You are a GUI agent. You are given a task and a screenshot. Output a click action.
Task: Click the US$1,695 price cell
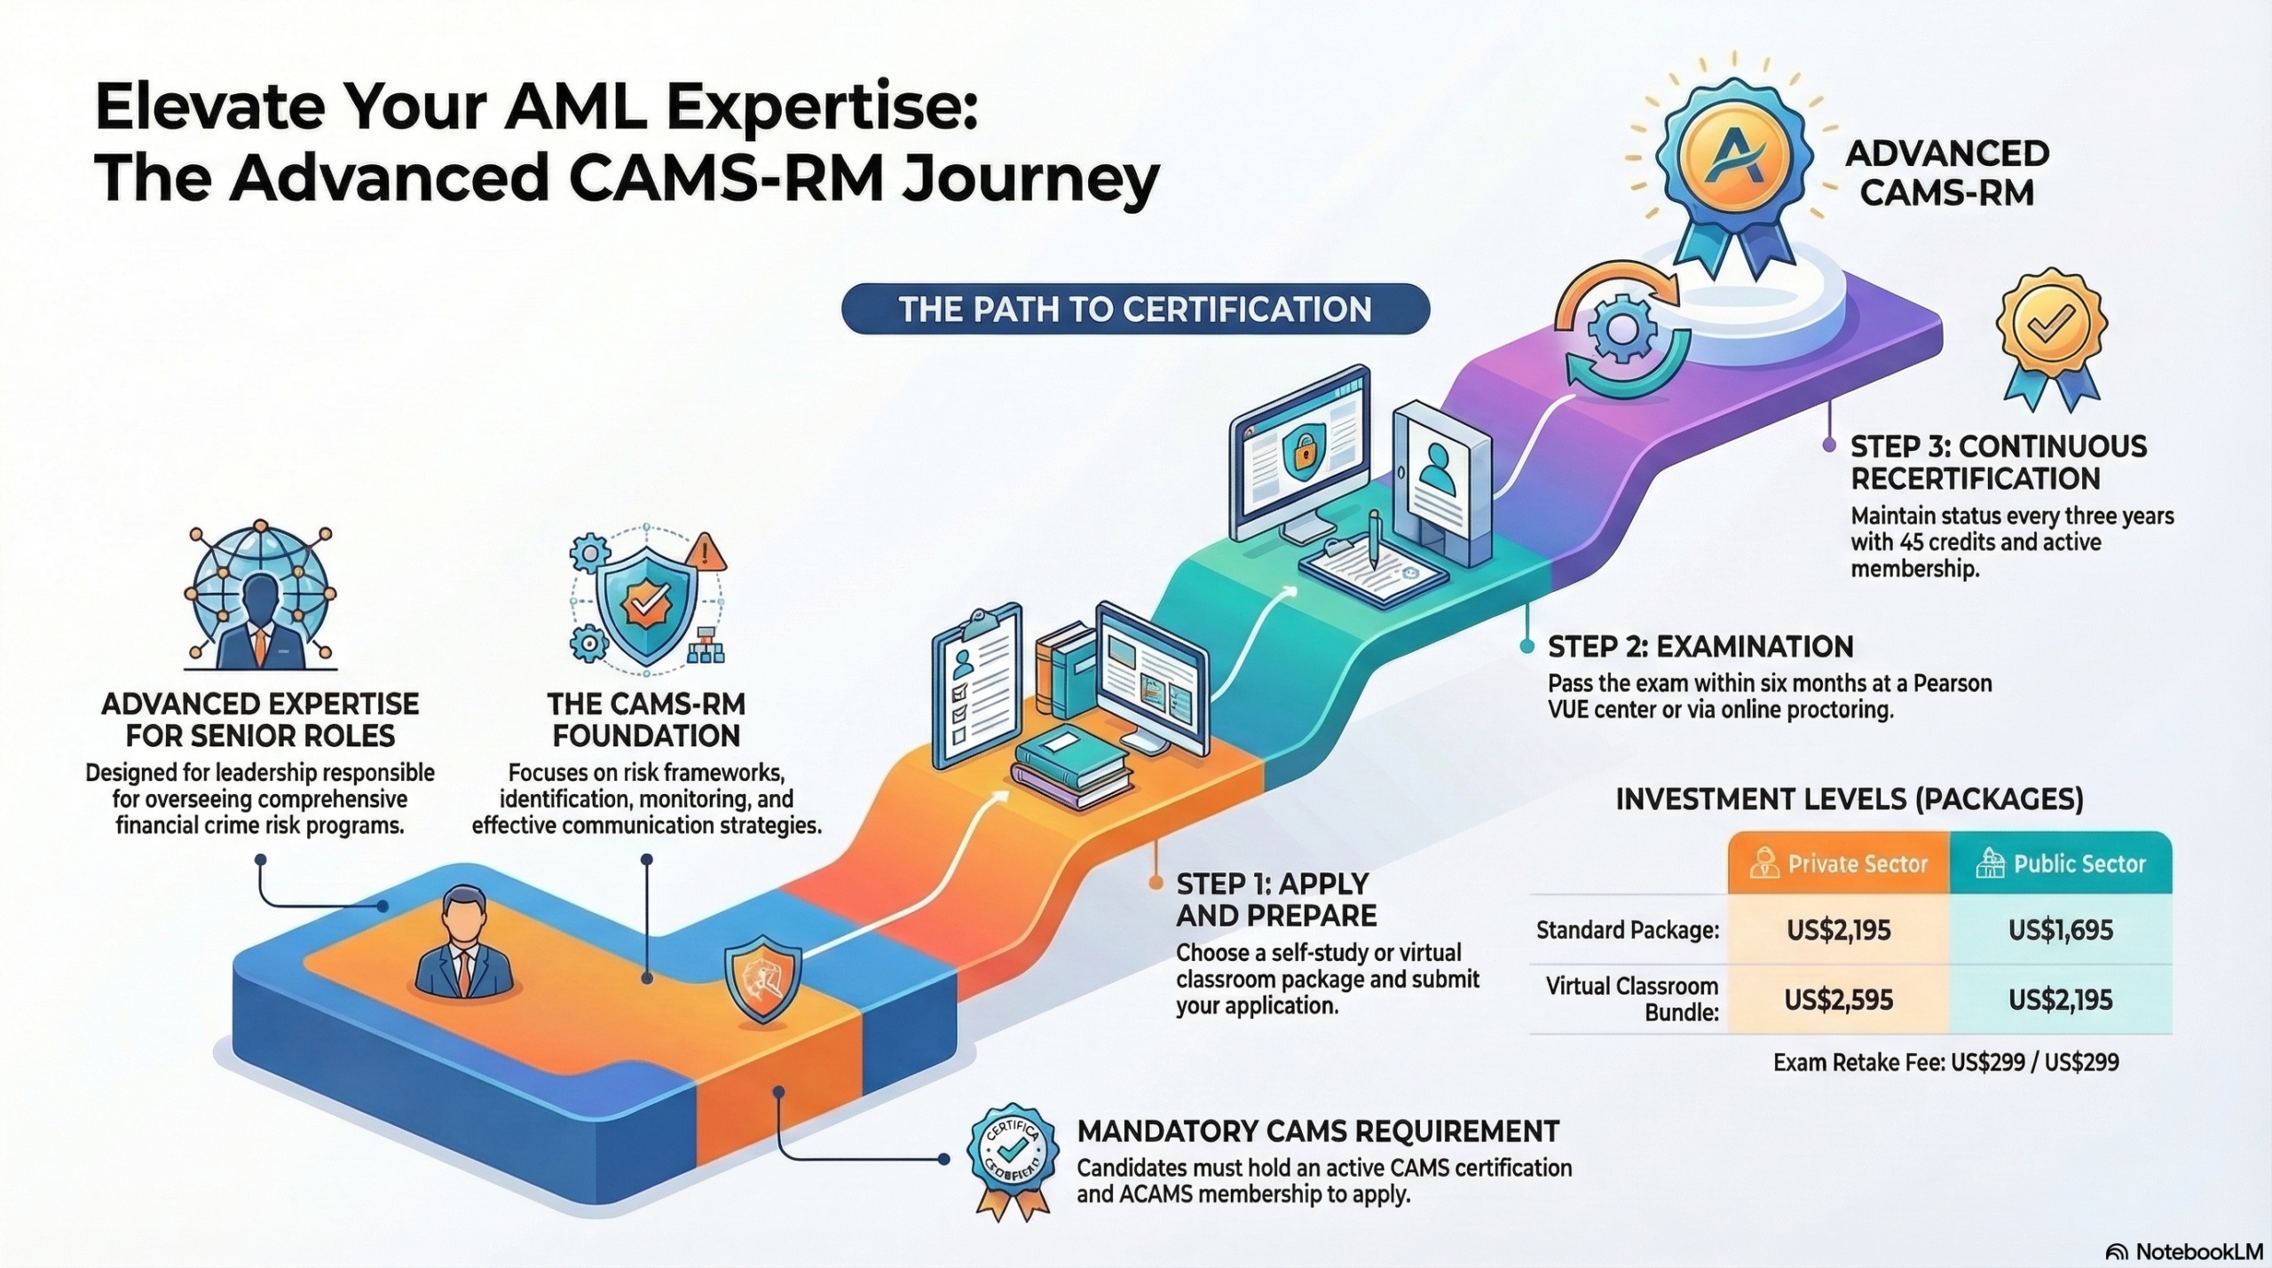pyautogui.click(x=2060, y=930)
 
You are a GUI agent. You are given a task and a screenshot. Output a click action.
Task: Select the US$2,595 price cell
pyautogui.click(x=1838, y=1000)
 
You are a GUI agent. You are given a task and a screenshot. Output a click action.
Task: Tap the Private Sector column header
pyautogui.click(x=1839, y=863)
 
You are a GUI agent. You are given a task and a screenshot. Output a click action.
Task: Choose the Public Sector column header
pyautogui.click(x=2061, y=863)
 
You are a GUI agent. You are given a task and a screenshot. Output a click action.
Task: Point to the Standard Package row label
pyautogui.click(x=1628, y=930)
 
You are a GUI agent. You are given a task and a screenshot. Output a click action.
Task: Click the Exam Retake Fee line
pyautogui.click(x=1945, y=1062)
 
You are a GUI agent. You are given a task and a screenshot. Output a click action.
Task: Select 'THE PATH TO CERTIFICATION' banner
pyautogui.click(x=1135, y=309)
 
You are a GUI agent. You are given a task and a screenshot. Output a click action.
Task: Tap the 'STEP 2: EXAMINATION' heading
pyautogui.click(x=1700, y=647)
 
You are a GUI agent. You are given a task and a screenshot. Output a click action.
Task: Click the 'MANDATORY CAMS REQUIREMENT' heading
pyautogui.click(x=1318, y=1131)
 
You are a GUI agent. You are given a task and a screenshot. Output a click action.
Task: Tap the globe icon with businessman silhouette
pyautogui.click(x=259, y=596)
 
